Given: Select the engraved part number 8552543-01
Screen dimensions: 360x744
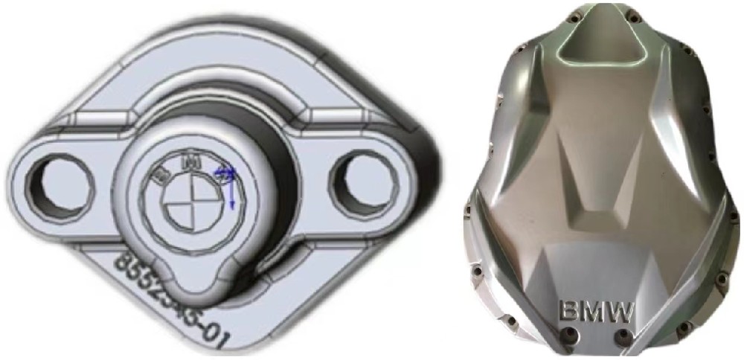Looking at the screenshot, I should coord(172,298).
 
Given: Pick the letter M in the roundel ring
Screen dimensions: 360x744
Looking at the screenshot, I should coord(191,159).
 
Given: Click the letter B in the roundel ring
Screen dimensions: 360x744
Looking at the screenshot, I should coord(159,176).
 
